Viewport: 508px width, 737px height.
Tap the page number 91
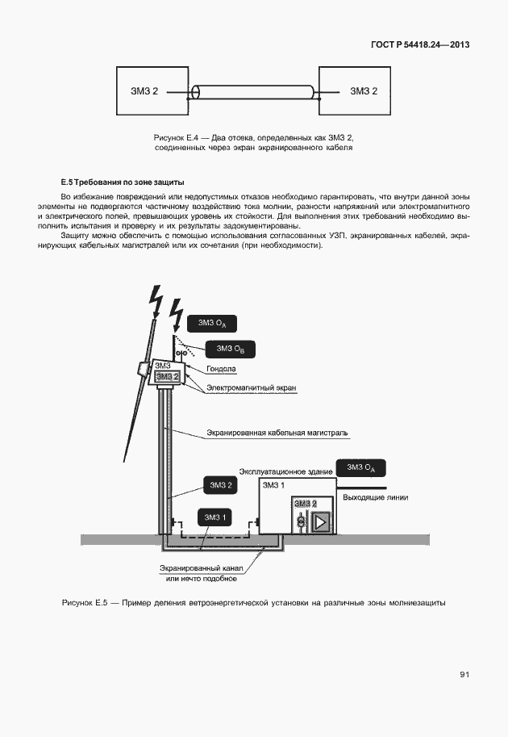point(464,675)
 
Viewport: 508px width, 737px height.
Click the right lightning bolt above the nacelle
point(175,316)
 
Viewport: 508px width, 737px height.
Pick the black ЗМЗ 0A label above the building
point(361,468)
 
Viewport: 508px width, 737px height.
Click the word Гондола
point(219,369)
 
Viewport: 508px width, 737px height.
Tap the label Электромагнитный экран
point(252,388)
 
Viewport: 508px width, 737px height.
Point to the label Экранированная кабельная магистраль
point(277,433)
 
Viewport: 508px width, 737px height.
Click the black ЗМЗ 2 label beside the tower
point(221,485)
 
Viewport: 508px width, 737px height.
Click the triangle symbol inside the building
point(321,521)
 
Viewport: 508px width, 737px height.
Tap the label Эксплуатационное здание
point(285,469)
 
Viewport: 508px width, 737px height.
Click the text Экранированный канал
point(201,568)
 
